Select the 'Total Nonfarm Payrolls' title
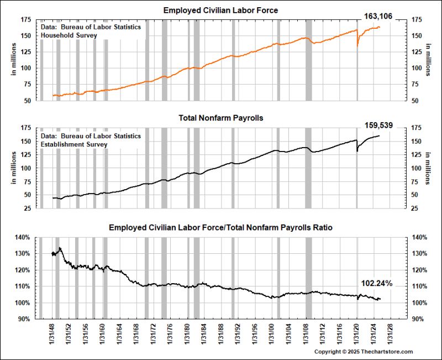[221, 118]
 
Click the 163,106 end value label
[378, 17]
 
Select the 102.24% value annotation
[376, 284]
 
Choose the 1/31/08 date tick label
[307, 335]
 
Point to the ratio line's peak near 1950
[59, 248]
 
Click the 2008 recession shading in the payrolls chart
[308, 166]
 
